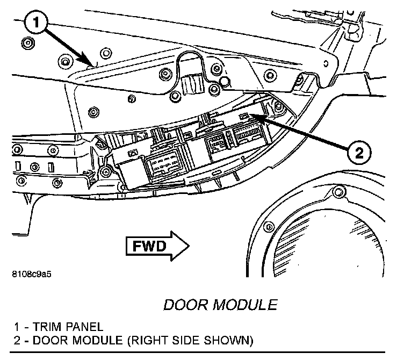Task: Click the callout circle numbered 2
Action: click(x=358, y=153)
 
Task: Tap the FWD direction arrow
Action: click(x=157, y=246)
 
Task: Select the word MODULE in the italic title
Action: click(x=249, y=305)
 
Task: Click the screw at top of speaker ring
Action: click(x=337, y=192)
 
